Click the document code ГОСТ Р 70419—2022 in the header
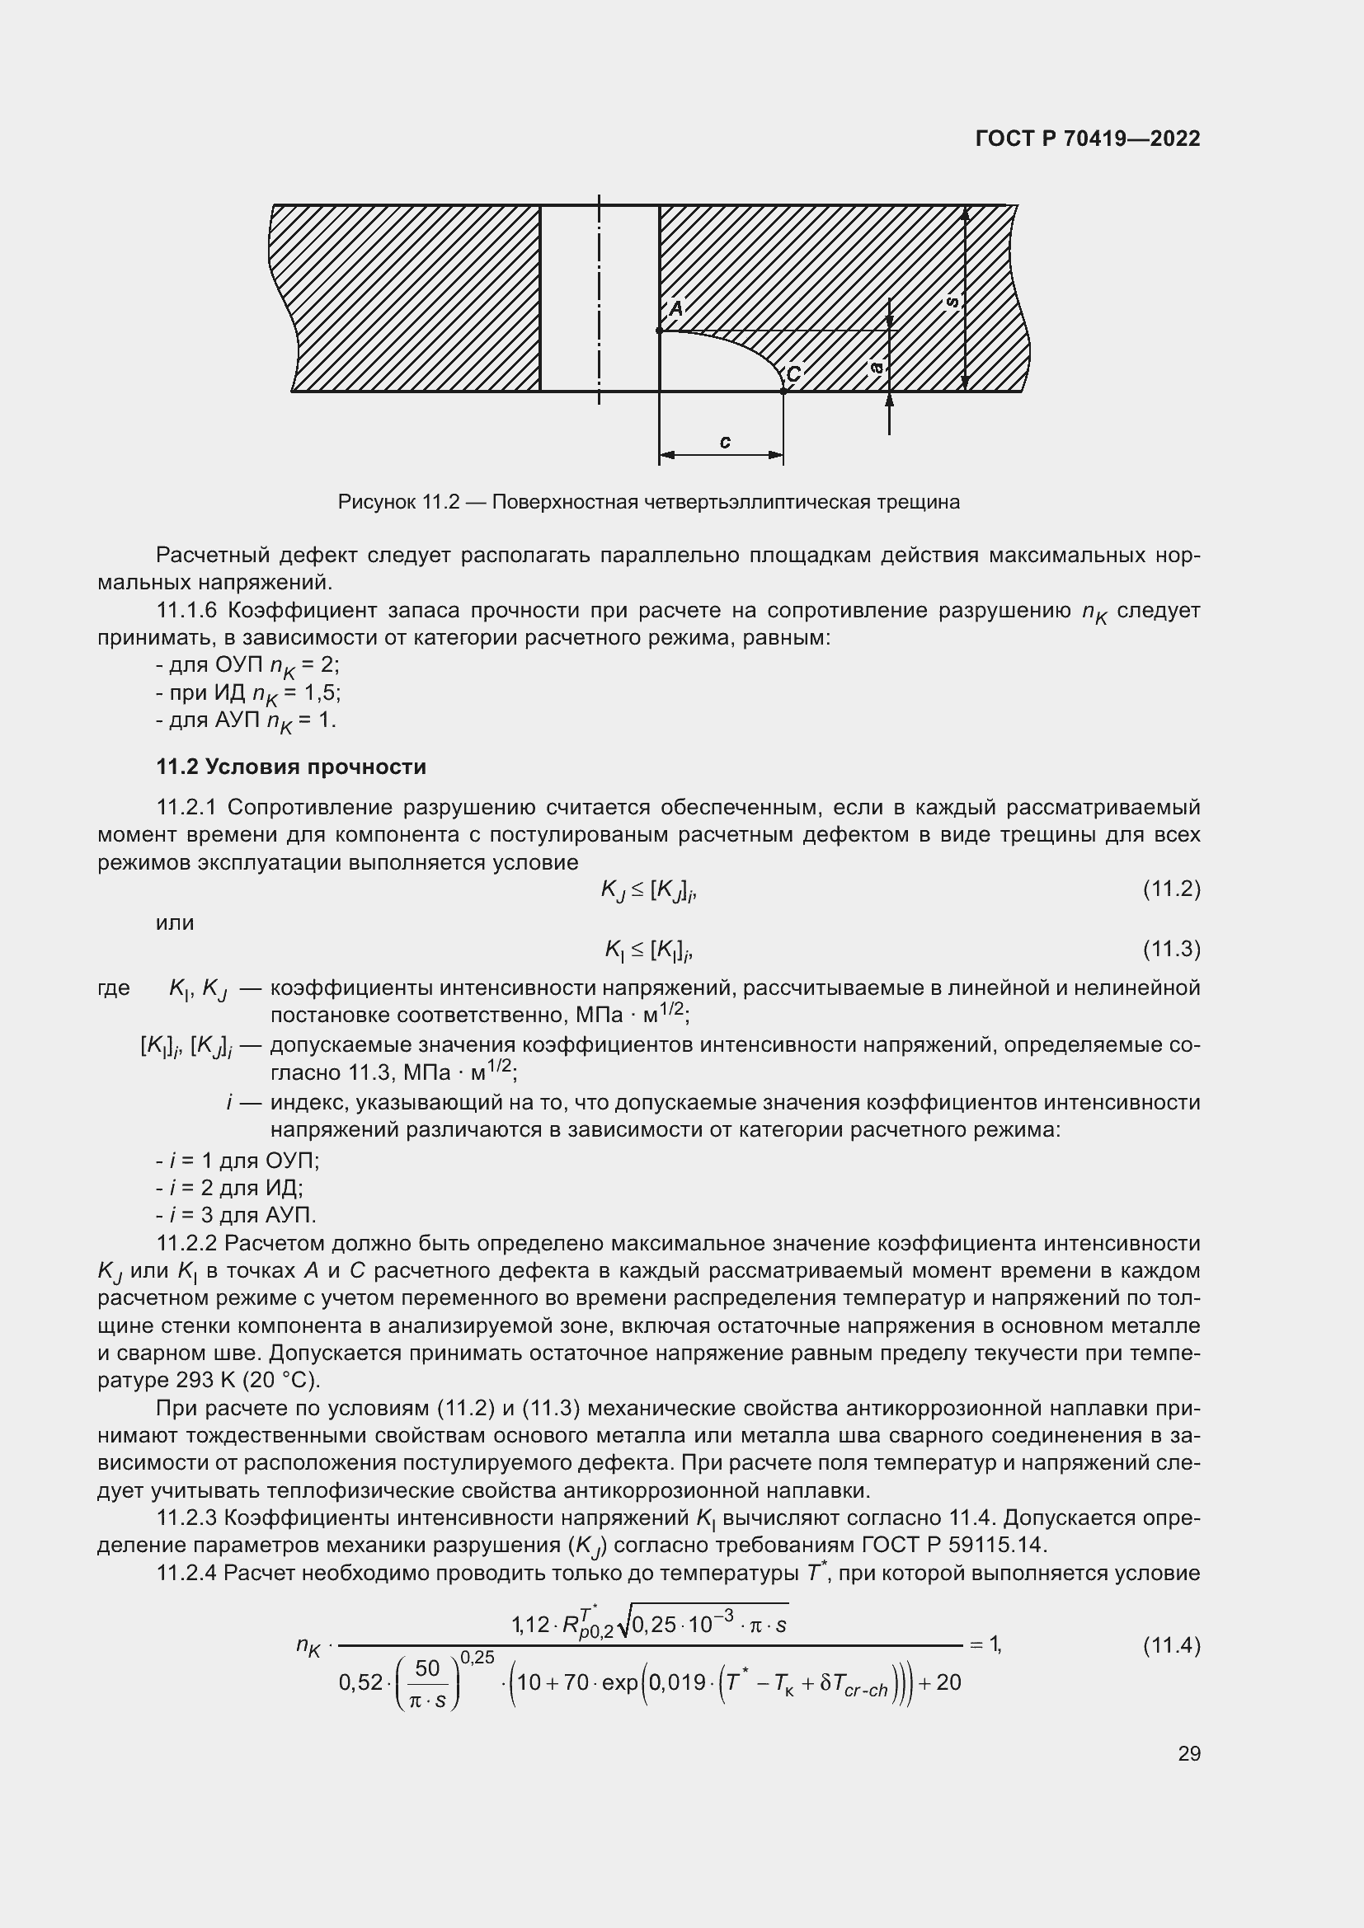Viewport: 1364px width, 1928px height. click(x=1088, y=138)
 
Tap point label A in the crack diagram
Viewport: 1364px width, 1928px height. click(x=676, y=309)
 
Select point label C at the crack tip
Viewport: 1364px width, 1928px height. click(x=793, y=373)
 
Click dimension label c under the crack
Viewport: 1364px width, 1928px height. click(x=725, y=442)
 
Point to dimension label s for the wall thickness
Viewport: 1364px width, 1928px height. click(x=952, y=302)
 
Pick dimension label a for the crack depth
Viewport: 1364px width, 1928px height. click(x=876, y=367)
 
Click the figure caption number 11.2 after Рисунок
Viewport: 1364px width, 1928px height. click(x=440, y=502)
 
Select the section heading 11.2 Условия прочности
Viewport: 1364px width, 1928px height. click(x=291, y=767)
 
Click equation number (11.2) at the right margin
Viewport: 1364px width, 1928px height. click(x=1171, y=889)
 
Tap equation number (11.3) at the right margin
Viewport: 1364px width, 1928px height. click(x=1171, y=949)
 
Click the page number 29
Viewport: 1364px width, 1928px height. click(x=1188, y=1753)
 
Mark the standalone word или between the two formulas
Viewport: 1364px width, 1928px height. click(x=175, y=923)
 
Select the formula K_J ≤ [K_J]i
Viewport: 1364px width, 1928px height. click(x=648, y=890)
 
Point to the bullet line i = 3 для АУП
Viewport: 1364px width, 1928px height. click(x=236, y=1215)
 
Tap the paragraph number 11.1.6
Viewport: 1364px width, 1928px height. click(x=188, y=611)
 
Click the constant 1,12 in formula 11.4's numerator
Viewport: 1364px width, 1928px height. click(x=530, y=1625)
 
